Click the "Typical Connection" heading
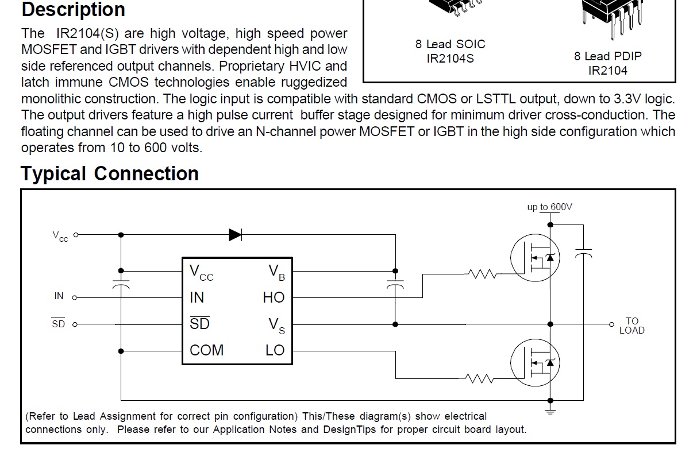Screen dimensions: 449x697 tap(110, 173)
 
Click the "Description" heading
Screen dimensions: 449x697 tap(73, 10)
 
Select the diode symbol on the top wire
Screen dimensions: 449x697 tap(236, 234)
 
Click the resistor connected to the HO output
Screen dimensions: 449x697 tap(482, 274)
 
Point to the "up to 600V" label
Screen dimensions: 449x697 tap(549, 207)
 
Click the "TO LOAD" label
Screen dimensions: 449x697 tap(631, 326)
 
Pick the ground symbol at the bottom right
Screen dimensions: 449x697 tap(550, 410)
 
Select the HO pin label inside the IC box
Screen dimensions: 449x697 tap(274, 297)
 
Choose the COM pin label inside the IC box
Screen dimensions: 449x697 tap(206, 350)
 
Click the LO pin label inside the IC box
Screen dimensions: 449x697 tap(275, 350)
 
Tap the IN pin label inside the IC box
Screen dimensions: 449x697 tap(197, 297)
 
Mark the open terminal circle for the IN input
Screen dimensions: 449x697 tap(75, 297)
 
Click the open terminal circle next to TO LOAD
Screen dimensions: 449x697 tap(611, 324)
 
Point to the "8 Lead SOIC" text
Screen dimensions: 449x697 tap(450, 44)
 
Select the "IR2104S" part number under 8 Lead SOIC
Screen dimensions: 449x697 tap(450, 59)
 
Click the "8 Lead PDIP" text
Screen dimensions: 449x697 tap(607, 56)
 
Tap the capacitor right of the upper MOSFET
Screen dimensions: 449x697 tap(583, 253)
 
